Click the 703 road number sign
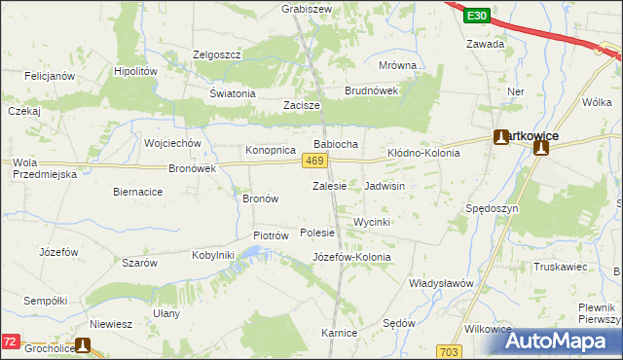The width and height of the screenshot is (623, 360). pyautogui.click(x=449, y=350)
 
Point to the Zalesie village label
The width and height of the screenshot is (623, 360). pyautogui.click(x=329, y=185)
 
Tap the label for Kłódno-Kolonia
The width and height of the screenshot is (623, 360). pyautogui.click(x=423, y=153)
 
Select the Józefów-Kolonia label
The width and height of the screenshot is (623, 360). pyautogui.click(x=351, y=257)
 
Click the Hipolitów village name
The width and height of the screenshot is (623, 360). pyautogui.click(x=135, y=71)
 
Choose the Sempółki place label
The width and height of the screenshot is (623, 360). pyautogui.click(x=45, y=301)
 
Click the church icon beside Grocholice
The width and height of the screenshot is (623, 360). pyautogui.click(x=83, y=344)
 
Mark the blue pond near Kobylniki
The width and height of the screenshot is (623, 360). pyautogui.click(x=251, y=255)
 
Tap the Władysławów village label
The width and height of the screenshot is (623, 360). pyautogui.click(x=440, y=283)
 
